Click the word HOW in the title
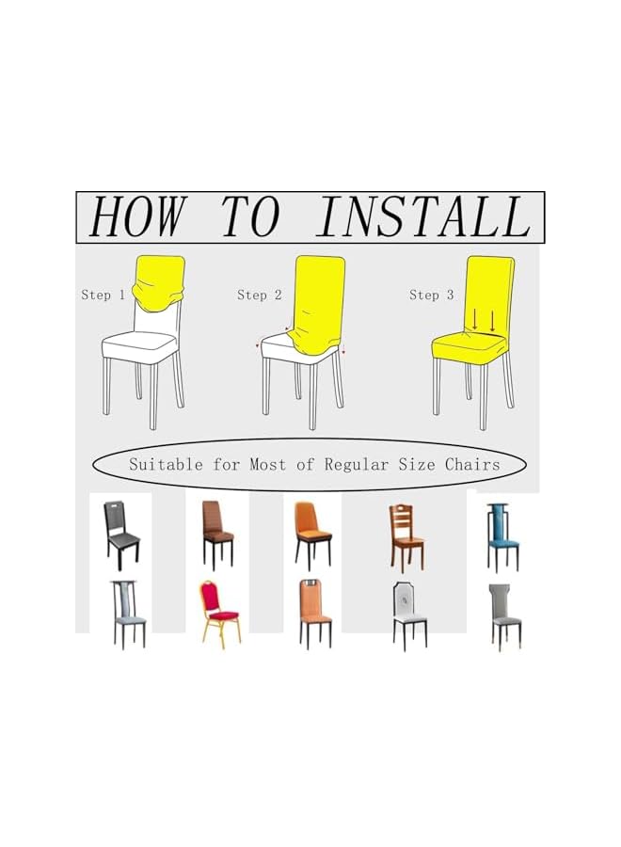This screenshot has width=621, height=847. [x=135, y=217]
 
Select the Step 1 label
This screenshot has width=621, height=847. [x=103, y=295]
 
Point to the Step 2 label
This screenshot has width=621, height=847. [x=259, y=295]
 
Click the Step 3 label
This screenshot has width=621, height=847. [x=431, y=295]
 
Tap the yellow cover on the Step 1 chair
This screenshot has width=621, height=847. [x=158, y=282]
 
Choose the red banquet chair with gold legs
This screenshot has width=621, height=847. [x=219, y=613]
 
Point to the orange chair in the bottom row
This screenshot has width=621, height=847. [x=315, y=613]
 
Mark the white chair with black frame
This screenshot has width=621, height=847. [x=409, y=614]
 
